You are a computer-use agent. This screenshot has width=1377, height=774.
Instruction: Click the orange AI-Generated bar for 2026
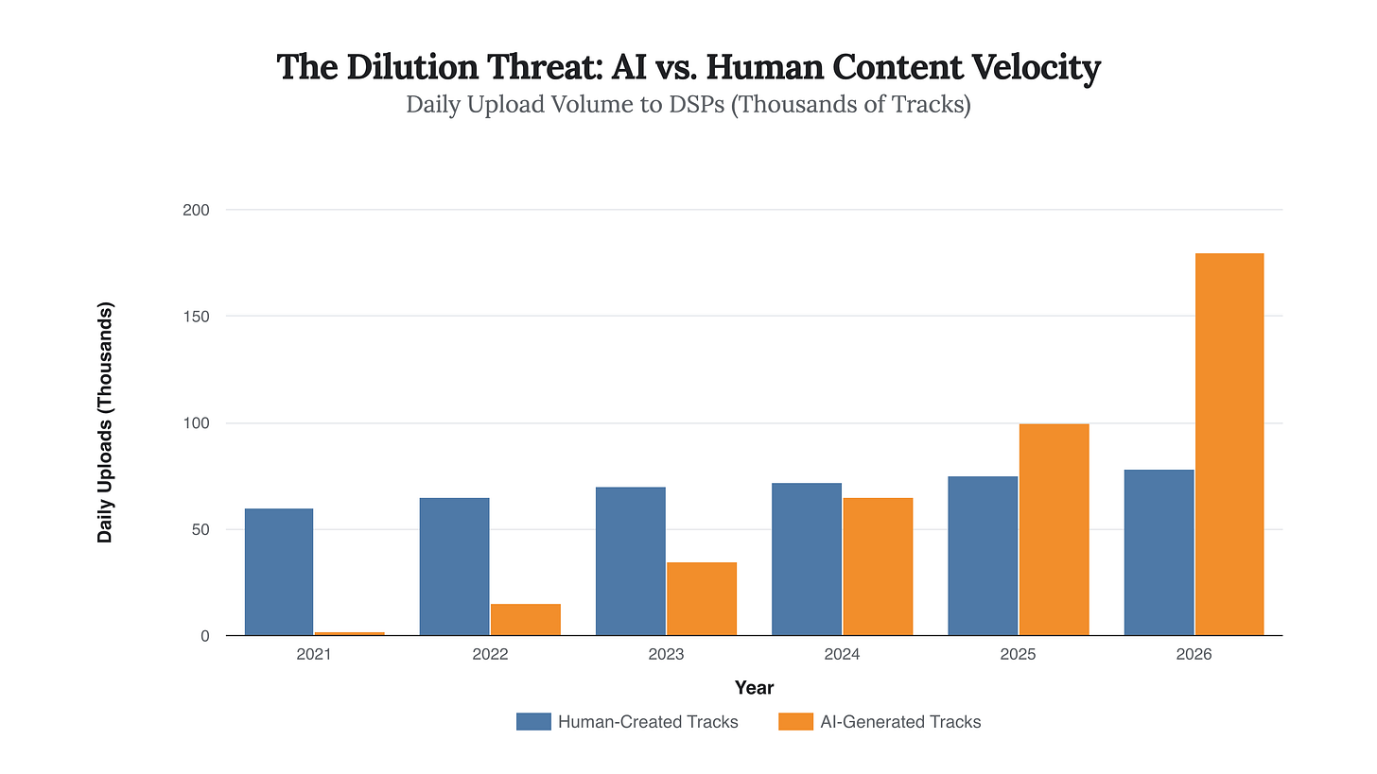click(x=1229, y=444)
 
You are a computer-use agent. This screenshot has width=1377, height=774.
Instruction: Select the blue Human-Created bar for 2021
click(x=279, y=572)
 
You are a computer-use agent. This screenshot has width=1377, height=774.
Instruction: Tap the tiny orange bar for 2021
click(x=350, y=633)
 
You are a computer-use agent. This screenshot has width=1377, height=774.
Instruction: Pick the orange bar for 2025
click(x=1054, y=529)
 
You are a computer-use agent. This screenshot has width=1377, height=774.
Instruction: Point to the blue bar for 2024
click(x=807, y=559)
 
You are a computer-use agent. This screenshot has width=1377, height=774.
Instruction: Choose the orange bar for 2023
click(x=702, y=599)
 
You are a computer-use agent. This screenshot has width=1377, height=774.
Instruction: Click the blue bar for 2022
click(x=455, y=567)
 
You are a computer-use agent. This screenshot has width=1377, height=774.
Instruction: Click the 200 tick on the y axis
click(x=196, y=210)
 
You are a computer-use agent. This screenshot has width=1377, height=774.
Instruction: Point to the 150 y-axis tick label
click(x=196, y=317)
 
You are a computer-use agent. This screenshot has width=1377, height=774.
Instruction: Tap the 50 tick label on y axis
click(x=200, y=530)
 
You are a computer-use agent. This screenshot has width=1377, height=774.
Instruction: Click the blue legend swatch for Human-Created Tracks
click(x=533, y=722)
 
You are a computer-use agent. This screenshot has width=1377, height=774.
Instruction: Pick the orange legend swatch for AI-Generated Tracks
click(x=795, y=722)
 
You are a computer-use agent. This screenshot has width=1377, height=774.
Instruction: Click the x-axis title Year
click(x=754, y=688)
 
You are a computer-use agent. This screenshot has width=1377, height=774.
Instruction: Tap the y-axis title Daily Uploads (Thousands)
click(x=105, y=422)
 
